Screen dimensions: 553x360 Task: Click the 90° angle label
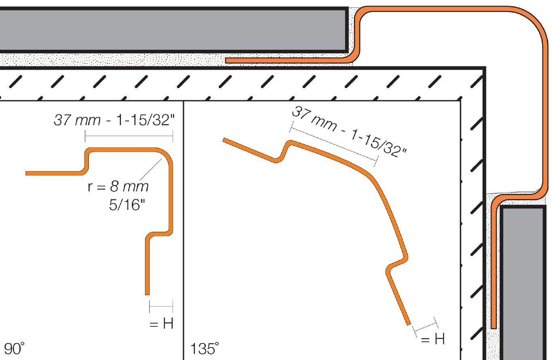coord(14,348)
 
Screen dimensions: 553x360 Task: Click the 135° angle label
coord(205,348)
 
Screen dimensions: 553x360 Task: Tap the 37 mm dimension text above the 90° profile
coord(114,120)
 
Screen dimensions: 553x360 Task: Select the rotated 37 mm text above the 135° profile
coord(349,132)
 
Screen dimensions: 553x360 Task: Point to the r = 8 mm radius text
coord(118,186)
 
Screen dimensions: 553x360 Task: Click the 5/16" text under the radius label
coord(127,205)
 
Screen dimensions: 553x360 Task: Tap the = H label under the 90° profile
coord(161,323)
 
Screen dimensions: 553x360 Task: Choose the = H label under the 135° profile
coord(433,339)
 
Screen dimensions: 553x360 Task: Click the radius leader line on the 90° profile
coord(151,169)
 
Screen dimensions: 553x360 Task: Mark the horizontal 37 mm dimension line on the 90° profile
coord(129,136)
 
